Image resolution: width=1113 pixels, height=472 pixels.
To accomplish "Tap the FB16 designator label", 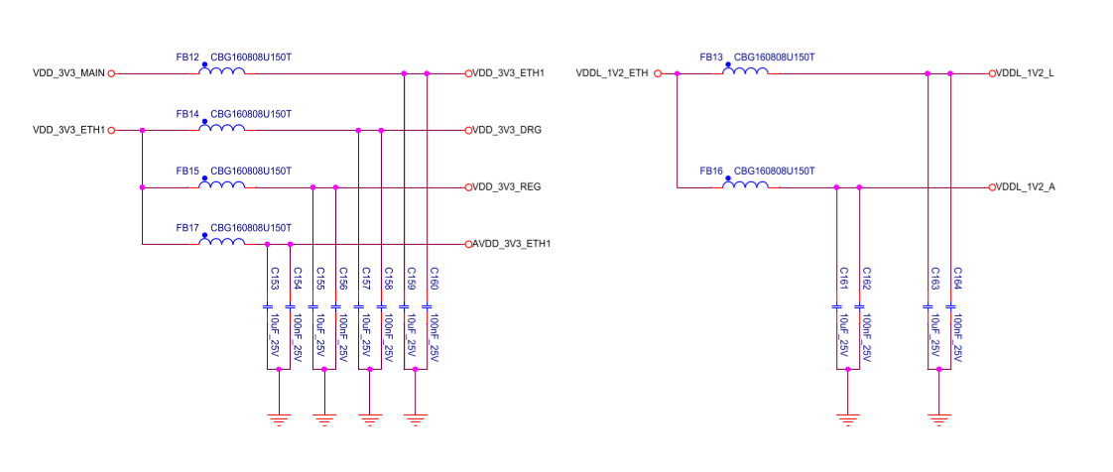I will point(711,171).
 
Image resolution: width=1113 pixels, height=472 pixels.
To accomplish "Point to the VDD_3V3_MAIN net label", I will point(68,73).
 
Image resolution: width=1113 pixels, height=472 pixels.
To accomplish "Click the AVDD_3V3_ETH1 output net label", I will point(512,244).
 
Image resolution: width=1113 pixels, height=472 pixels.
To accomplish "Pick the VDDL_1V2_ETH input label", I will point(612,73).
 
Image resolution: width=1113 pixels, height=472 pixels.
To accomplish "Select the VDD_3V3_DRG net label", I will point(506,130).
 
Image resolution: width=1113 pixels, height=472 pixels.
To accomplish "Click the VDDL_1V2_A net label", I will point(1026,187).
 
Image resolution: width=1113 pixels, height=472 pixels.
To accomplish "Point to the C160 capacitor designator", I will point(434,278).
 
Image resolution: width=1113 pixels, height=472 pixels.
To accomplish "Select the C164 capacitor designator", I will point(958,278).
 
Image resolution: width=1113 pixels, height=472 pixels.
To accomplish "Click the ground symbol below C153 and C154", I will point(280,416).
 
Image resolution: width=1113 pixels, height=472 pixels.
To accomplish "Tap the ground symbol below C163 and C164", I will point(938,416).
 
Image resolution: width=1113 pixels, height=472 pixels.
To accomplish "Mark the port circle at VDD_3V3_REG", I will point(467,187).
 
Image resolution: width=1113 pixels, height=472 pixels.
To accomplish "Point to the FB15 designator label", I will point(187,171).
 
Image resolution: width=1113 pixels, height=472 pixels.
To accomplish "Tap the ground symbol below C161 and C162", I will point(848,416).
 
